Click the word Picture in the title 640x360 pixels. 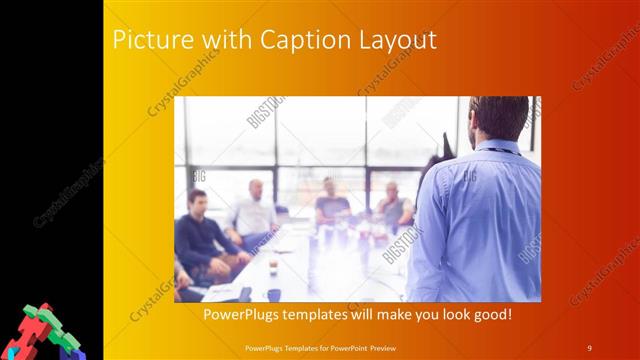point(145,41)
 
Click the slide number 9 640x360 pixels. point(590,347)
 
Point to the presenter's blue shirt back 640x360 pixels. point(480,220)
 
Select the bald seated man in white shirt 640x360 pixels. point(254,210)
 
